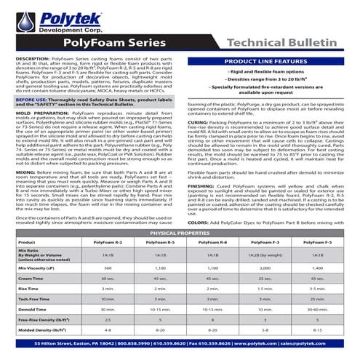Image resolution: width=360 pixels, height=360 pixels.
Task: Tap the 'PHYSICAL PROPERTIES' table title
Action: [x=180, y=232]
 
